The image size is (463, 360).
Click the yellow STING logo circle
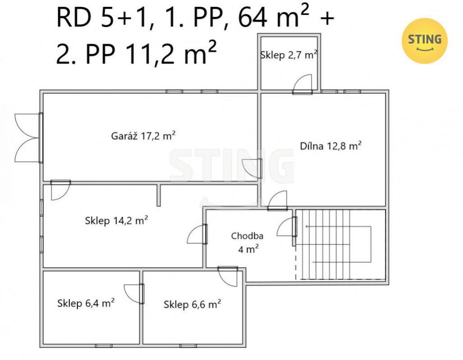tap(425, 41)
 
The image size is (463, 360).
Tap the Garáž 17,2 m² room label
tap(143, 136)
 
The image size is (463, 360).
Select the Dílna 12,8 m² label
tap(331, 146)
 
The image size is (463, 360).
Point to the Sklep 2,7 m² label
tap(289, 55)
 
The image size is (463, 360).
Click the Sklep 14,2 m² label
tap(116, 220)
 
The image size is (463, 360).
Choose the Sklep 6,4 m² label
tap(86, 303)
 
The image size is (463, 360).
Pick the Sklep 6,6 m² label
tap(192, 304)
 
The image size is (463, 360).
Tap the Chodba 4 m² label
tap(247, 242)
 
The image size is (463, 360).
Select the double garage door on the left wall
tap(28, 138)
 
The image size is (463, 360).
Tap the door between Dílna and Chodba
tap(278, 201)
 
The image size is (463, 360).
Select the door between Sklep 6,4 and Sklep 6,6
tap(134, 294)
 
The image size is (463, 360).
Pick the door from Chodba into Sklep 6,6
tap(228, 276)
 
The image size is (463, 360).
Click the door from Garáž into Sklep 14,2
tap(60, 190)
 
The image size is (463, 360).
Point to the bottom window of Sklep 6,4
tap(104, 346)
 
